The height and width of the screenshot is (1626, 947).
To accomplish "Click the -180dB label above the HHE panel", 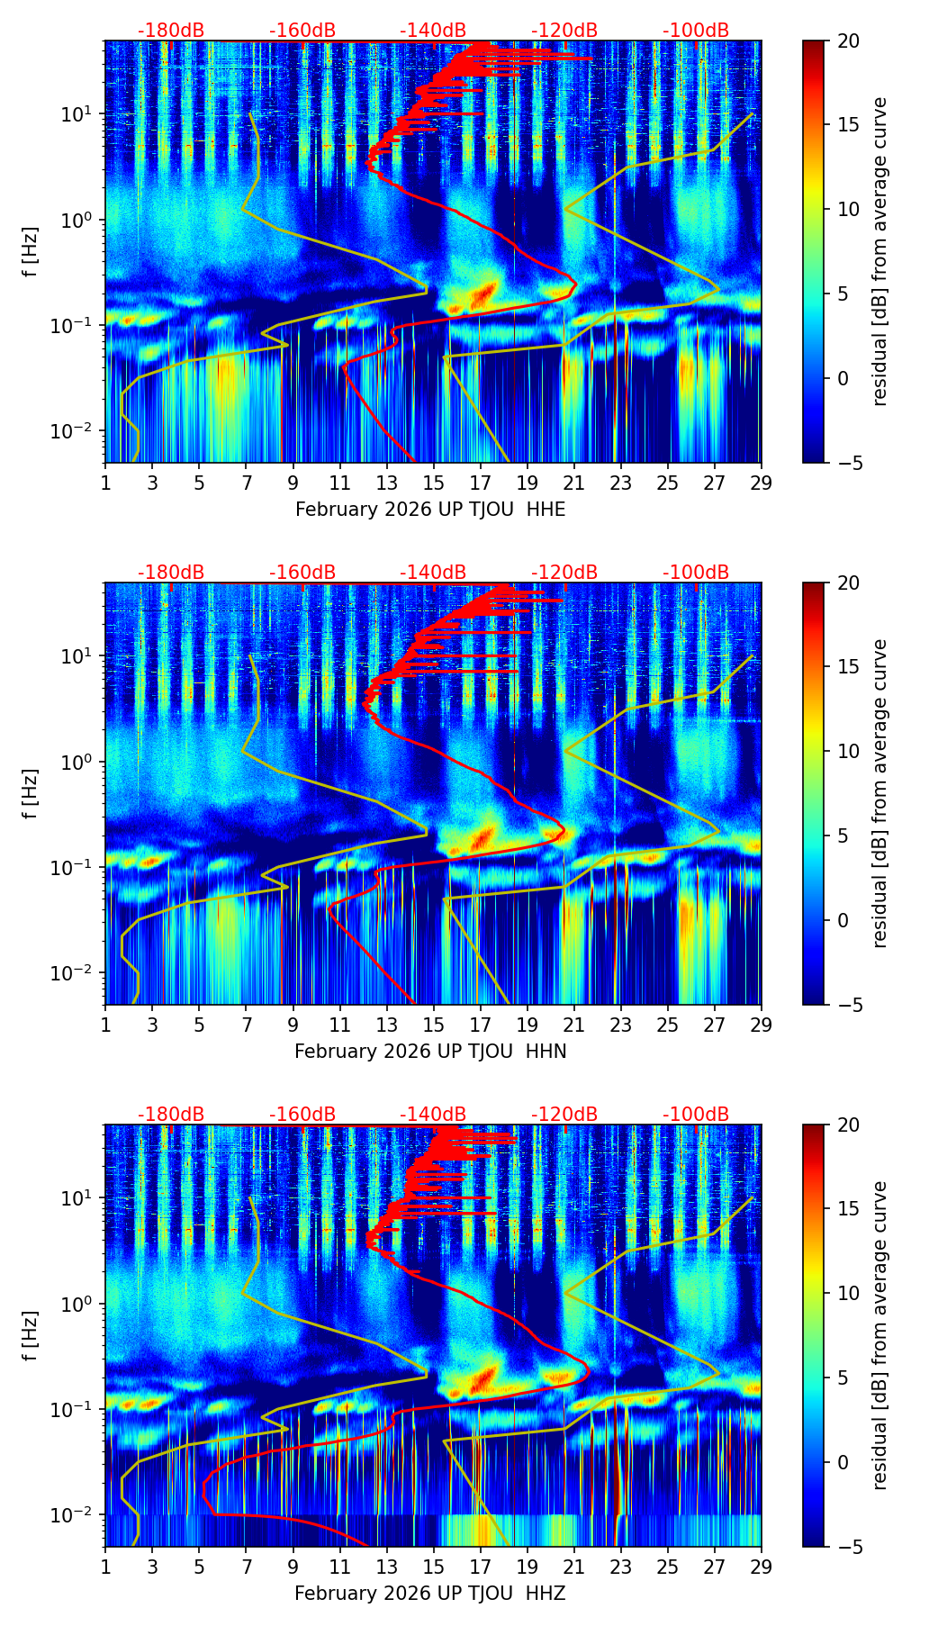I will point(171,31).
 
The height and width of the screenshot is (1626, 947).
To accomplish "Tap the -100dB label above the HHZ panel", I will point(696,1115).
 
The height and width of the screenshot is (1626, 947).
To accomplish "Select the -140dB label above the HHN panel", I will point(433,573).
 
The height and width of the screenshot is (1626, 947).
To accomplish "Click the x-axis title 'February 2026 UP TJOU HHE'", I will point(430,510).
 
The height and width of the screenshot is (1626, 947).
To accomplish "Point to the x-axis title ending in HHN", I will point(430,1052).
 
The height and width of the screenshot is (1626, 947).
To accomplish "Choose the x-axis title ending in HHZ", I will point(430,1594).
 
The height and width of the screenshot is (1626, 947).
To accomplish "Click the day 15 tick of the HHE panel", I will point(433,483).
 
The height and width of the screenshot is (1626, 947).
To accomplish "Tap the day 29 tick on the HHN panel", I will point(762,1025).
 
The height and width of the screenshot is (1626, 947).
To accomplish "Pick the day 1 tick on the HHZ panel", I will point(105,1567).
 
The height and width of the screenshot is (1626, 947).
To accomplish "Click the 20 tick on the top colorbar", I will point(848,41).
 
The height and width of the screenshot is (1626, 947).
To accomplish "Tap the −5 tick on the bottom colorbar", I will point(848,1547).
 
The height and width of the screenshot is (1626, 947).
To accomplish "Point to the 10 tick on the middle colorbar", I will point(848,751).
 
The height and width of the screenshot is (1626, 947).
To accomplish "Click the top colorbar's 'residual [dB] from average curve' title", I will point(879,251).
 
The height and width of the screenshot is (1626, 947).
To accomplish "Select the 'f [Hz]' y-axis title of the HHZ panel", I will point(30,1336).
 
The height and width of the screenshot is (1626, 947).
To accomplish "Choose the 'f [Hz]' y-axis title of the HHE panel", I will point(30,252).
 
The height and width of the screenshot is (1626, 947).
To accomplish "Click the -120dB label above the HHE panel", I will point(564,31).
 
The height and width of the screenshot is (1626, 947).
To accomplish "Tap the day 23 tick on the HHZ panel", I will point(621,1567).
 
